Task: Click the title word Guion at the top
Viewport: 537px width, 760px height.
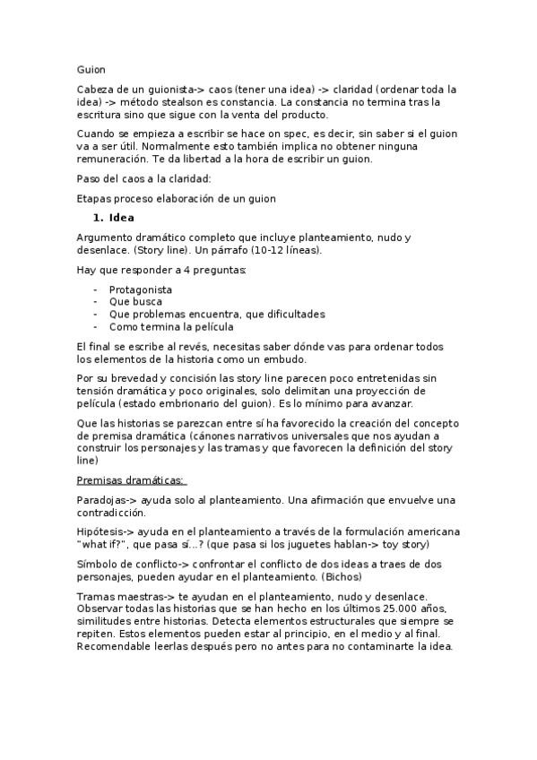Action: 91,69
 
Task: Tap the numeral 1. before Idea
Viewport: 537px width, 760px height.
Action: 98,218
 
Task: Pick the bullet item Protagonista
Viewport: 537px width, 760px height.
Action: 141,289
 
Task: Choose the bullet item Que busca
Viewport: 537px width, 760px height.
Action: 135,302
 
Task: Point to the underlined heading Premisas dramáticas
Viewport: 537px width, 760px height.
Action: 130,479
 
